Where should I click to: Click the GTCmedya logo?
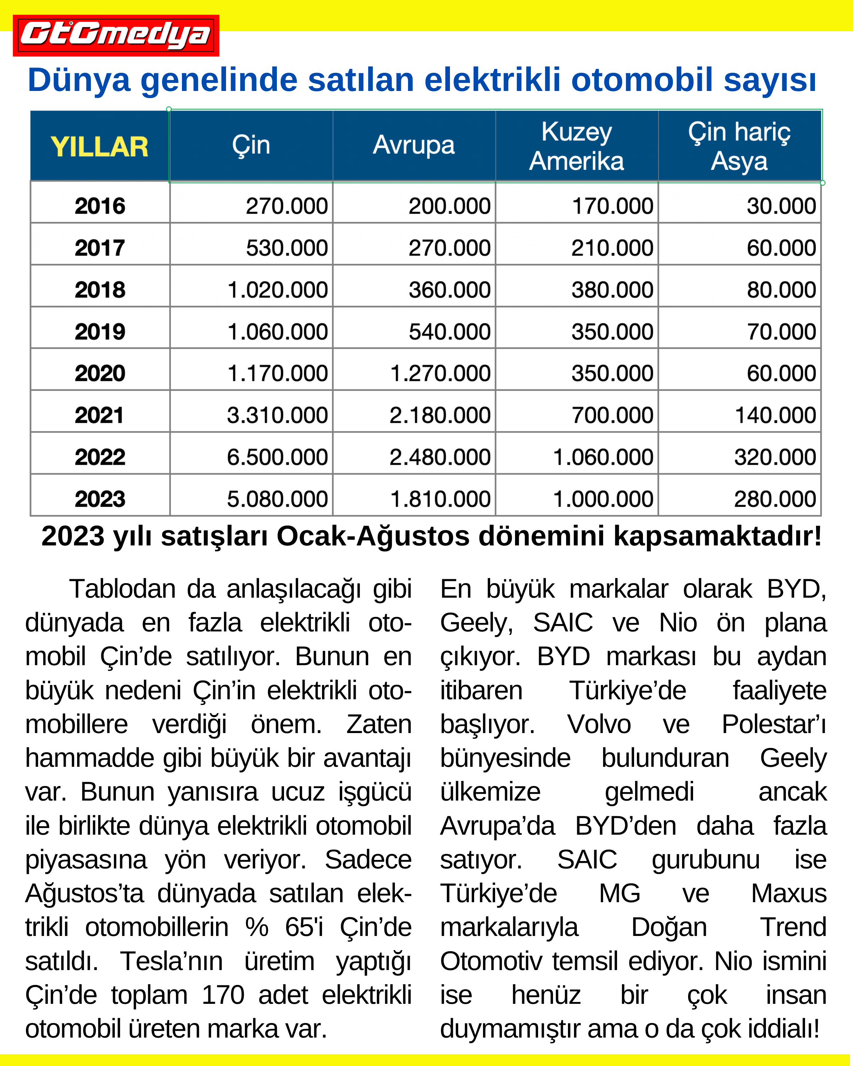click(x=116, y=35)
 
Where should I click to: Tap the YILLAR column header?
click(x=100, y=147)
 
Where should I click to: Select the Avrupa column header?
click(x=414, y=145)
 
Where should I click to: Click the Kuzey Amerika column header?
click(x=576, y=146)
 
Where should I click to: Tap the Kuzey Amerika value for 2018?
click(x=612, y=290)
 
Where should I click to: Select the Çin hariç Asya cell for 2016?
click(x=781, y=206)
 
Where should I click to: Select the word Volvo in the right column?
click(x=599, y=724)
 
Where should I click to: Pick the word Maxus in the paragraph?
click(x=789, y=893)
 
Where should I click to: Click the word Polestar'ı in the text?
click(x=774, y=724)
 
